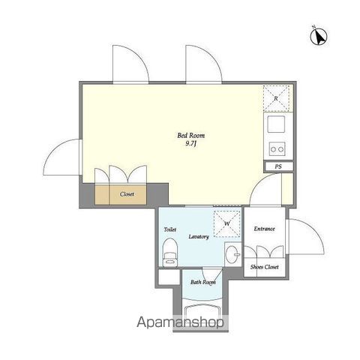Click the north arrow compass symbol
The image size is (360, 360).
[x=319, y=37]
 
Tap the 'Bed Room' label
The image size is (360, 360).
[x=190, y=136]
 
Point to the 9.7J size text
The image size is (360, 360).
[x=191, y=144]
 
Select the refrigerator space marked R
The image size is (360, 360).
[x=276, y=98]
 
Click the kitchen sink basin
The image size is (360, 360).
[x=276, y=124]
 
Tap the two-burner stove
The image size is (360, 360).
[x=277, y=149]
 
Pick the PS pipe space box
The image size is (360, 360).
[x=278, y=166]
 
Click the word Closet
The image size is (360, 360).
[x=127, y=194]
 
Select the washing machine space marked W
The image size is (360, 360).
[x=227, y=223]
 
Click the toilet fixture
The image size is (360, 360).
[x=170, y=252]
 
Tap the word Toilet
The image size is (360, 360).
[x=170, y=229]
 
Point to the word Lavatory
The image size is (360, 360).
[x=199, y=237]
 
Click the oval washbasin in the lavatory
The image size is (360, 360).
[x=232, y=254]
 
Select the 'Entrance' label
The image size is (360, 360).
[x=264, y=229]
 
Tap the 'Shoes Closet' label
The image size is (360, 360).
[x=265, y=267]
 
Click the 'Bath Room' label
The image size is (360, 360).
[x=203, y=282]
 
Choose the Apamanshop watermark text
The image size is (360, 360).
[x=180, y=322]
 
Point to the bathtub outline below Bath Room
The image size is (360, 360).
[x=202, y=310]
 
